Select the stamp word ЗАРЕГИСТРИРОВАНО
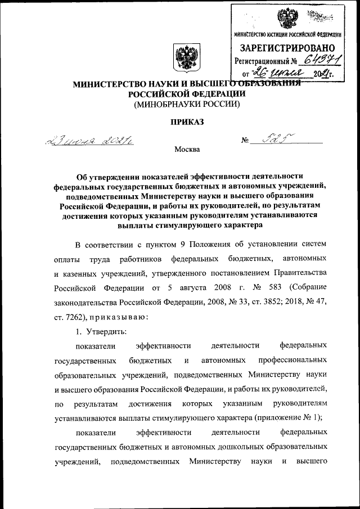tap(288, 48)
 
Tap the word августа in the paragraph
tap(188, 287)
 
